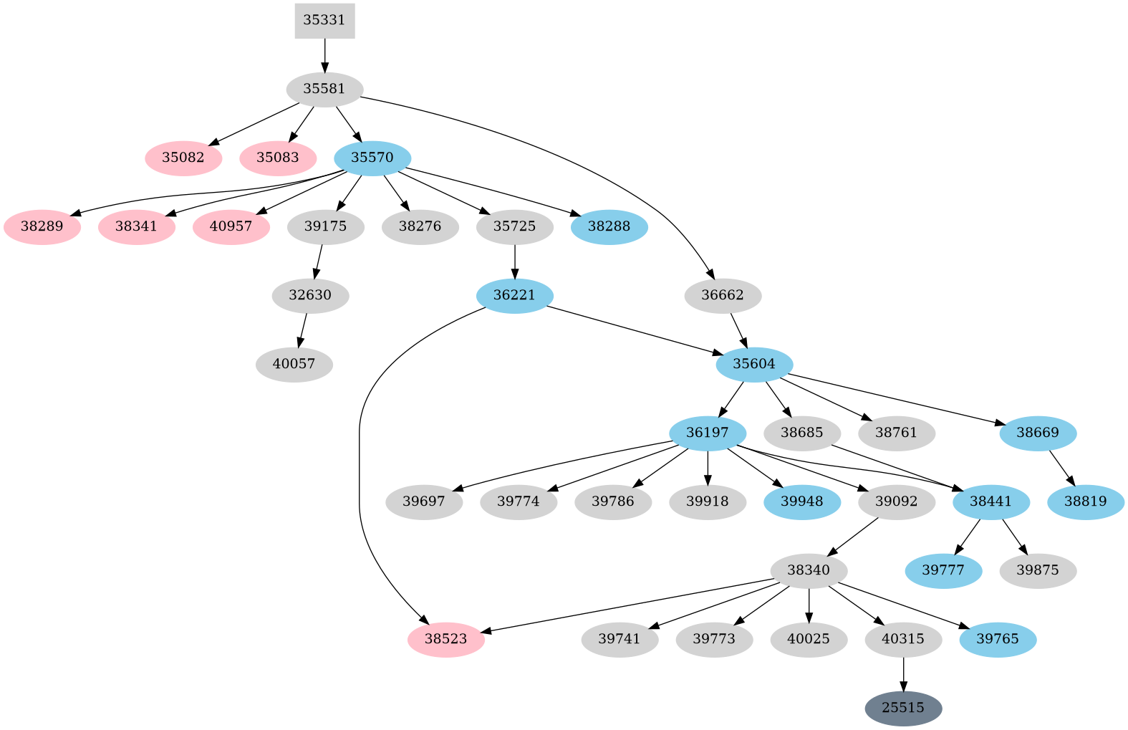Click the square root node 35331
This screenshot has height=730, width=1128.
[x=324, y=20]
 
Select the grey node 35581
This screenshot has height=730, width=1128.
[x=324, y=89]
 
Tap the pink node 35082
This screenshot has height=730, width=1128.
[x=183, y=158]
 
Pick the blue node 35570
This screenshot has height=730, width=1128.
[x=372, y=158]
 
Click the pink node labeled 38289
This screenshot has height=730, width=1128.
[x=42, y=226]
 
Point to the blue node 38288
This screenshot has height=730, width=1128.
[x=609, y=226]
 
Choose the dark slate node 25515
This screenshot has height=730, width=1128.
[x=903, y=708]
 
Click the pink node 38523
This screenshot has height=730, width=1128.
[x=446, y=639]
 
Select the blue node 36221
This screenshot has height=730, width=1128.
[x=515, y=295]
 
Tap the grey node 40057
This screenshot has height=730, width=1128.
[x=294, y=364]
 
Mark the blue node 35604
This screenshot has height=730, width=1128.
[x=754, y=364]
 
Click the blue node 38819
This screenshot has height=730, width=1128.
[x=1086, y=501]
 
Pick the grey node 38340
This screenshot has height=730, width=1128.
[x=809, y=570]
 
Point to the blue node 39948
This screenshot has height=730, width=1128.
[x=802, y=501]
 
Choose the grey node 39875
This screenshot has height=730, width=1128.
[x=1038, y=570]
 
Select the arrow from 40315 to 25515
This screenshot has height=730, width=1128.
[x=903, y=673]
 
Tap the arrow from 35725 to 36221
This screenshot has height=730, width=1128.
[x=515, y=261]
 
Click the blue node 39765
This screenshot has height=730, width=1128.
[x=998, y=639]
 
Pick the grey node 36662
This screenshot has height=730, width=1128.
[x=723, y=295]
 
